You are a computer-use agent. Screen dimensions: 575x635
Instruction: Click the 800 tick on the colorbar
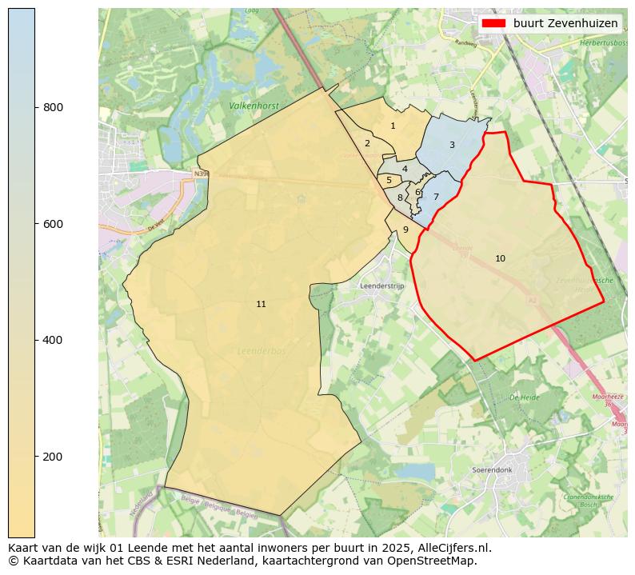pyautogui.click(x=35, y=107)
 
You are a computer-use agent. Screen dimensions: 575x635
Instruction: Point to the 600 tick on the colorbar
pyautogui.click(x=35, y=224)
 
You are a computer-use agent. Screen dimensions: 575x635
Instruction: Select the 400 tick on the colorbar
pyautogui.click(x=35, y=340)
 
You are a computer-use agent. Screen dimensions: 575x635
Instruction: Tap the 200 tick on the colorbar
pyautogui.click(x=35, y=457)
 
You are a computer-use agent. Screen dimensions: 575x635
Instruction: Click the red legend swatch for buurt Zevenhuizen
pyautogui.click(x=494, y=24)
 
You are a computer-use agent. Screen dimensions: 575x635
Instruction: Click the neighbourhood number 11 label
pyautogui.click(x=261, y=304)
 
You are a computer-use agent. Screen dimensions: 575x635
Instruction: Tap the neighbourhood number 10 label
pyautogui.click(x=500, y=258)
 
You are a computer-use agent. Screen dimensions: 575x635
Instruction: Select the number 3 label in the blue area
pyautogui.click(x=452, y=145)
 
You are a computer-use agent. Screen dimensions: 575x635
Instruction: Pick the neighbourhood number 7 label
pyautogui.click(x=436, y=197)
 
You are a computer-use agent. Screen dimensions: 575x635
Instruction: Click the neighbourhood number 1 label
pyautogui.click(x=393, y=126)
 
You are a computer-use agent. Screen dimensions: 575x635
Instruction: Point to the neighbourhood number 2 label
pyautogui.click(x=367, y=143)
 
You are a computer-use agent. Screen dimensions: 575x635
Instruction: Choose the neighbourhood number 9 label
pyautogui.click(x=405, y=230)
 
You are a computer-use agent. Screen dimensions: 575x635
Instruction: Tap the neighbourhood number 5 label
pyautogui.click(x=389, y=180)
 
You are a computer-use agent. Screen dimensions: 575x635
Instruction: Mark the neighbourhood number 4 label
pyautogui.click(x=405, y=169)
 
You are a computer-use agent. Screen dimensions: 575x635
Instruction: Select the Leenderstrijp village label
pyautogui.click(x=383, y=286)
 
